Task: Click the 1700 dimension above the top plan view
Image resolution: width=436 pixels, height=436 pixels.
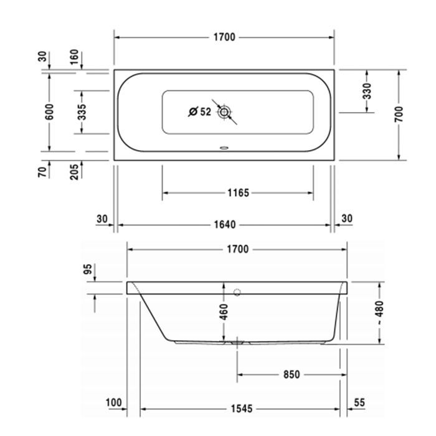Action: click(224, 37)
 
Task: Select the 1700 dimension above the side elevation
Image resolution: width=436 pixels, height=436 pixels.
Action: click(237, 249)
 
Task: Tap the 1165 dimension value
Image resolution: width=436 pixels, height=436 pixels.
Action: click(238, 193)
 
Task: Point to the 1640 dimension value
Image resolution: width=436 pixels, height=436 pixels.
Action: click(224, 224)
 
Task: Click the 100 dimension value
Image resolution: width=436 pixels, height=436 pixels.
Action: click(113, 404)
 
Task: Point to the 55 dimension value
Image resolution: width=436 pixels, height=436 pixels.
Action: click(359, 404)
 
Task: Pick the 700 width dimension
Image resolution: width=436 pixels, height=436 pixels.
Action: click(399, 113)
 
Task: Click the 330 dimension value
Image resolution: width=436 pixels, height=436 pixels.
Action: click(367, 91)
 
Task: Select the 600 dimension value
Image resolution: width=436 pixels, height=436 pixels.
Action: click(50, 112)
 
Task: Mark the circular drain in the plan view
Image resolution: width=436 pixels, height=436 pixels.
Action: click(224, 112)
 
